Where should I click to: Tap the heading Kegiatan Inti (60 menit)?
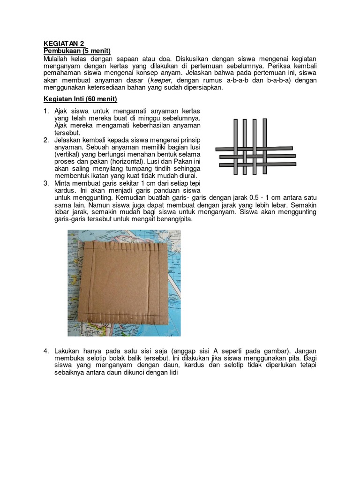(80, 99)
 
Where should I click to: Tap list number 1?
(46, 111)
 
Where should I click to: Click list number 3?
(46, 183)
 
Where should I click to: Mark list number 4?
(46, 351)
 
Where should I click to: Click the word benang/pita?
(174, 219)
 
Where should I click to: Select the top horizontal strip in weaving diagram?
(255, 149)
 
